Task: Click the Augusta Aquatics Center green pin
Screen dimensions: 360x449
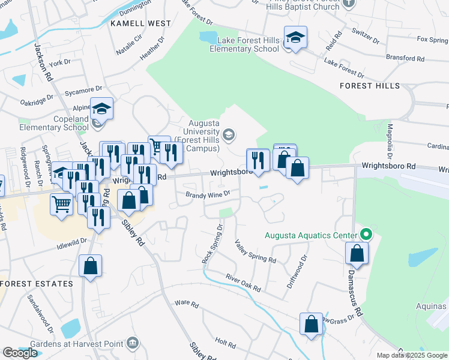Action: tap(365, 235)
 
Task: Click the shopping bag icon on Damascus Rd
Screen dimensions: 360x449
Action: tap(357, 254)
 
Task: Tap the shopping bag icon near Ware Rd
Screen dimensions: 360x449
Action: tap(312, 325)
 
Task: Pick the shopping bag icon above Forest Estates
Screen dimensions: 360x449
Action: tap(90, 266)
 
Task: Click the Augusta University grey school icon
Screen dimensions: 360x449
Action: tap(228, 135)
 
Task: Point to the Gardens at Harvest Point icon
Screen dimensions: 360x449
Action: tap(133, 344)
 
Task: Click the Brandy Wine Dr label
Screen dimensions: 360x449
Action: tap(208, 194)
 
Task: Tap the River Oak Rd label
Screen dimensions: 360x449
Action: tap(243, 283)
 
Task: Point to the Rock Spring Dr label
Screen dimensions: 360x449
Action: tap(212, 245)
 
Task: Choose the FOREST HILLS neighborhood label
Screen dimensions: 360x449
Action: tap(369, 86)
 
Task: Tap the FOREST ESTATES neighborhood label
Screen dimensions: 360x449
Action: tap(37, 283)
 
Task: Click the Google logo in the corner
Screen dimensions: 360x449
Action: tap(20, 353)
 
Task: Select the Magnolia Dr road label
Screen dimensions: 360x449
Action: tap(390, 138)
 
